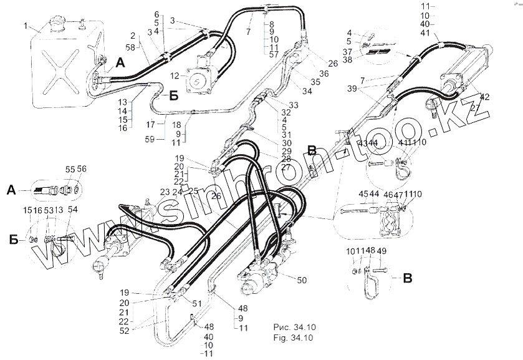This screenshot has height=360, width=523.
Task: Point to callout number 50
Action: (302, 280)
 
